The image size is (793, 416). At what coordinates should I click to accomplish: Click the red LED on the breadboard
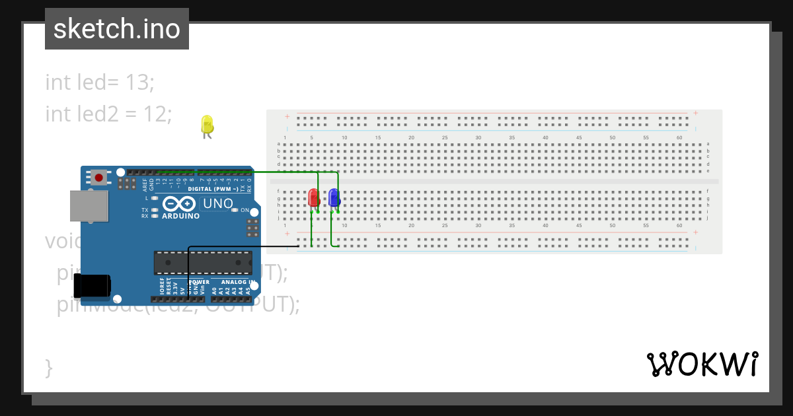click(x=314, y=197)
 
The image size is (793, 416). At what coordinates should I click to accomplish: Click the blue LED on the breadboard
click(x=334, y=197)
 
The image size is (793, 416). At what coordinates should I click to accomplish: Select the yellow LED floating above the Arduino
click(x=207, y=125)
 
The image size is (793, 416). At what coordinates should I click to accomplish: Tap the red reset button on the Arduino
click(x=99, y=177)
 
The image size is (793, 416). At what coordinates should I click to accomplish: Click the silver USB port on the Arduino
click(x=89, y=205)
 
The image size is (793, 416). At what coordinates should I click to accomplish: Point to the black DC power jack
click(x=91, y=285)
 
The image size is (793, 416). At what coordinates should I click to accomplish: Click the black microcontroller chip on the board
click(x=202, y=262)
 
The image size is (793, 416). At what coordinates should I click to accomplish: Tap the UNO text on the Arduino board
click(x=217, y=204)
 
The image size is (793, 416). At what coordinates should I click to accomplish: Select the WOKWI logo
click(x=702, y=364)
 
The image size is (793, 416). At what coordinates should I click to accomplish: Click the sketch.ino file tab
click(x=117, y=29)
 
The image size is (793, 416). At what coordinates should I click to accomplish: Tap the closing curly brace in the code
click(x=48, y=367)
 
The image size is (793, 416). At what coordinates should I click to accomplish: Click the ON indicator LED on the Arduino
click(x=235, y=211)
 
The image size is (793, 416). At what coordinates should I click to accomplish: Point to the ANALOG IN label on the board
click(x=239, y=282)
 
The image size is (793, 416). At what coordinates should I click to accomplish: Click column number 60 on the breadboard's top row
click(x=679, y=137)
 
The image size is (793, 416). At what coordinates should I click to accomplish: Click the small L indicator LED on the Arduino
click(x=154, y=198)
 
